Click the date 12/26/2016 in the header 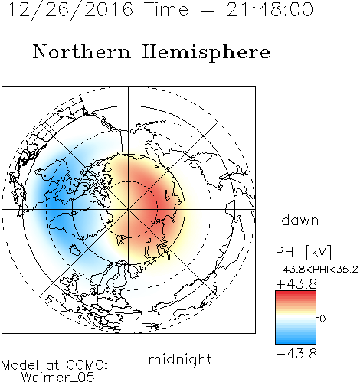(70, 9)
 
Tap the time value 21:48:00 (270, 9)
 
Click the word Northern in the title (82, 51)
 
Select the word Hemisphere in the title (206, 53)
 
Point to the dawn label (300, 220)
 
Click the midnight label (180, 359)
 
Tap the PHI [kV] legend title (303, 252)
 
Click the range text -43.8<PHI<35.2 (317, 270)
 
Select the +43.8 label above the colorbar (296, 284)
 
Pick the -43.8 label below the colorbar (296, 354)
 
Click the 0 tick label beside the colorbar (322, 319)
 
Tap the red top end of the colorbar (296, 293)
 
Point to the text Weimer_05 (58, 378)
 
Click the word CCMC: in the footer (87, 365)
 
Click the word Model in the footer (20, 365)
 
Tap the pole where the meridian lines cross (129, 209)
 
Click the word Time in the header (166, 9)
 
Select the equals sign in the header (208, 10)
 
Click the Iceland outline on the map (75, 250)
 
